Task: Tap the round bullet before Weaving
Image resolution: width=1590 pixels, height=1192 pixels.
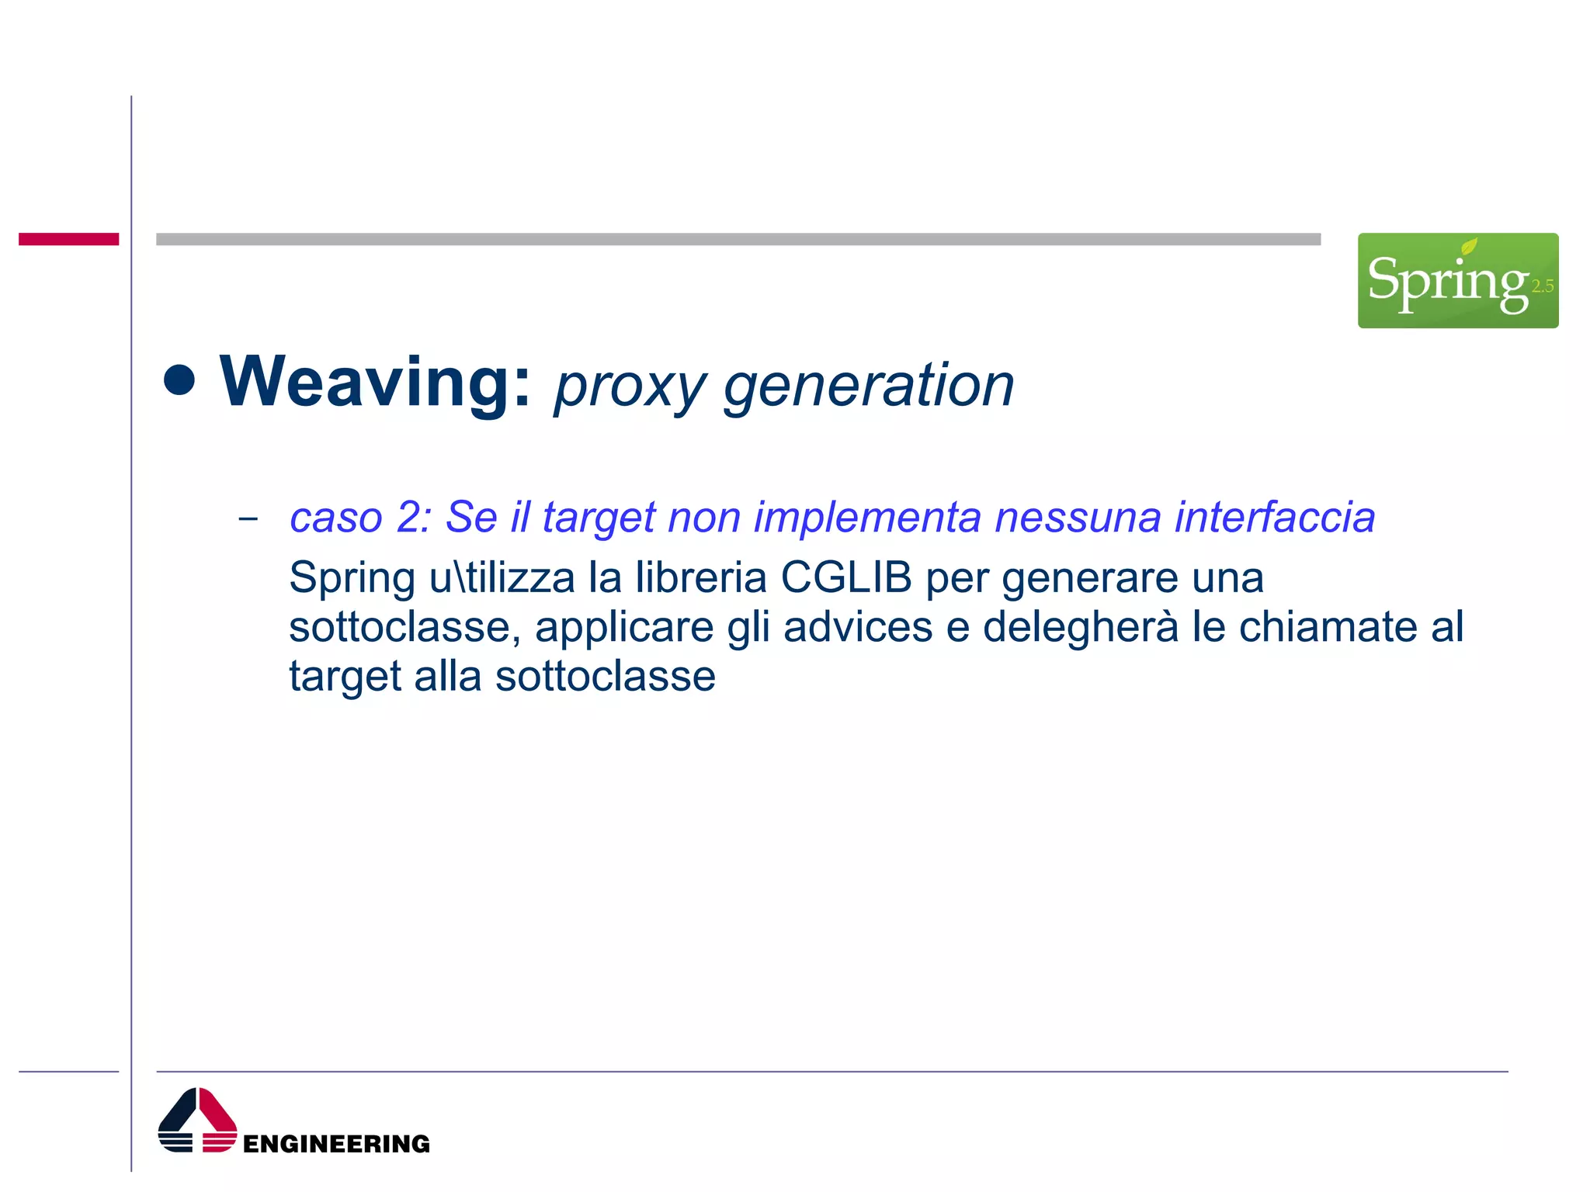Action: (x=179, y=380)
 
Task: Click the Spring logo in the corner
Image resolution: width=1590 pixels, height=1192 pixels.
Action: (x=1457, y=280)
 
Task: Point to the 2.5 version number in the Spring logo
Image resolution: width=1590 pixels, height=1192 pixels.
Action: (x=1542, y=286)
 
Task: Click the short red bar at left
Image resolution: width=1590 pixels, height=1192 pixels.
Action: (x=68, y=239)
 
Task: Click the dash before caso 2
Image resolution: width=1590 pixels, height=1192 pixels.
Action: (x=248, y=518)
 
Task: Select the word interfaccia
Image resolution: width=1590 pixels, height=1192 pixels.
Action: (x=1275, y=518)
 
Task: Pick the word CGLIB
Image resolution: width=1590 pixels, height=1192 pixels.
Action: (x=846, y=578)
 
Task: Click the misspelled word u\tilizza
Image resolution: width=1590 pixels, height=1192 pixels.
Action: (x=502, y=578)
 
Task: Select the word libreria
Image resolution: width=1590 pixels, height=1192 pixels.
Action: (x=700, y=578)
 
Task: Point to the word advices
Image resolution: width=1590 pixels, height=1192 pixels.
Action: (x=858, y=627)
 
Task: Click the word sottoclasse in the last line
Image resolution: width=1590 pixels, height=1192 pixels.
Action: (x=606, y=677)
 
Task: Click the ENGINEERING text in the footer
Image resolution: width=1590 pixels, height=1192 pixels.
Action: (x=336, y=1144)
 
